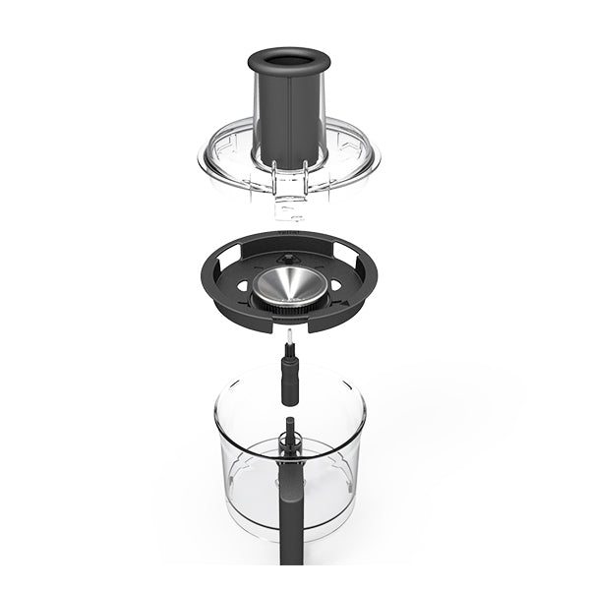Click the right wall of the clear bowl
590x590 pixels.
361,462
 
